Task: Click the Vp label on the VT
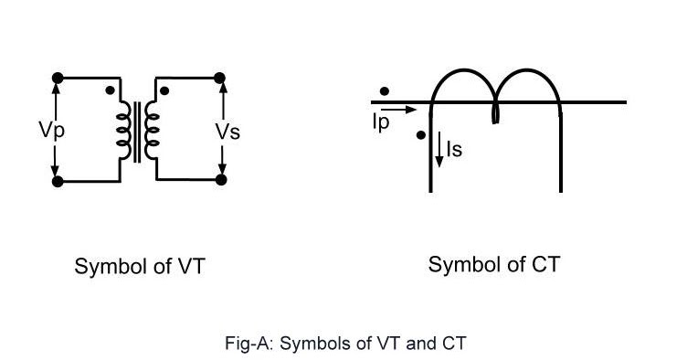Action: click(x=51, y=129)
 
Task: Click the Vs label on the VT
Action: click(x=227, y=131)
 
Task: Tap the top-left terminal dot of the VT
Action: click(x=58, y=79)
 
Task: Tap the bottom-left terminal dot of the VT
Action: click(x=58, y=182)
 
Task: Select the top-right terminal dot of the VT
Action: click(x=220, y=79)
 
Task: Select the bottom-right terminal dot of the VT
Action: click(x=220, y=180)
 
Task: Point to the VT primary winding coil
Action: click(x=122, y=129)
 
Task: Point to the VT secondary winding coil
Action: click(x=153, y=129)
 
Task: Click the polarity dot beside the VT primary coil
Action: click(x=111, y=90)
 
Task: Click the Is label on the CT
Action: click(x=454, y=148)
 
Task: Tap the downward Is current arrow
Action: click(x=439, y=148)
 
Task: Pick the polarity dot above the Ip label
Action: click(x=385, y=91)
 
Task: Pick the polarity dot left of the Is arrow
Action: click(x=419, y=135)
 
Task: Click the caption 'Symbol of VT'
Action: click(x=139, y=267)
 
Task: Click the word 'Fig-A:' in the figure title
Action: click(x=247, y=344)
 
